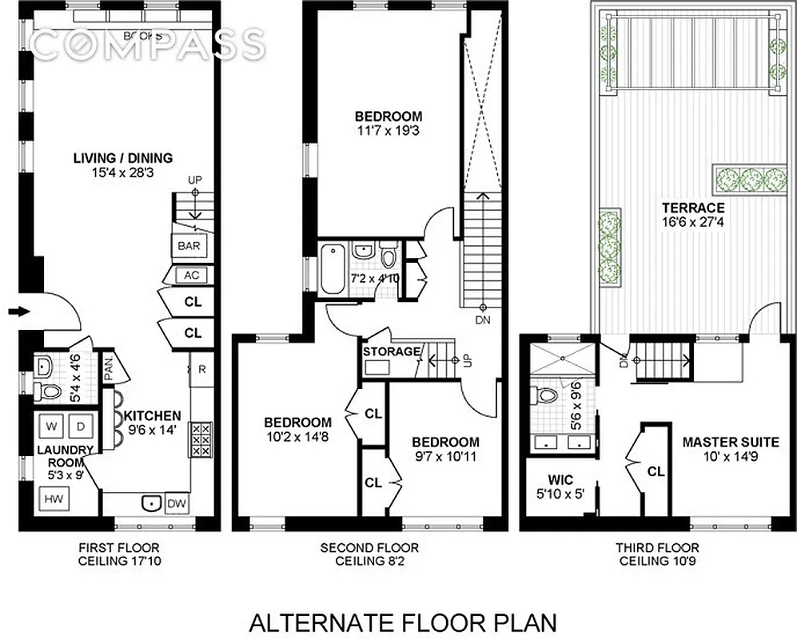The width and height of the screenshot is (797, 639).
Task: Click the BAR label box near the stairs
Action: tap(189, 246)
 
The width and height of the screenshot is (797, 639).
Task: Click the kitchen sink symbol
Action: tap(148, 503)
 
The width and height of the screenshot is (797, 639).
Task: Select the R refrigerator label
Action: tap(203, 370)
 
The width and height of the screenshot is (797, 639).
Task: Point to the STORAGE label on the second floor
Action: tap(391, 351)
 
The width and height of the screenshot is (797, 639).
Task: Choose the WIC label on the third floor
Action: tap(560, 481)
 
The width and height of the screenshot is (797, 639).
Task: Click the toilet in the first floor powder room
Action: tap(48, 391)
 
